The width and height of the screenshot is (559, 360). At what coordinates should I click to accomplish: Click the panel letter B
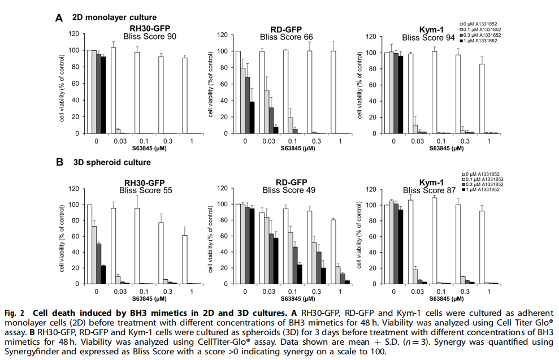point(59,163)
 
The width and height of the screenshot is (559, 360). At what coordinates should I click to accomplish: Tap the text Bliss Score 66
point(286,37)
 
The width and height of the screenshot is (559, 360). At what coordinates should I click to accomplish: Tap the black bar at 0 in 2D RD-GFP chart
point(252,118)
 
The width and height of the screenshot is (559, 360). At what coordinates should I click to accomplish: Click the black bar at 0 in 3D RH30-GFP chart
point(103,274)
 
